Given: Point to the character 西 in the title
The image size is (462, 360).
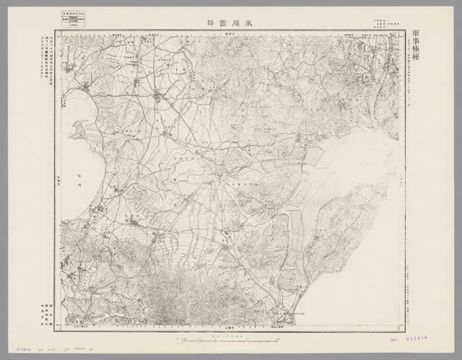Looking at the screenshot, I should tap(222, 22).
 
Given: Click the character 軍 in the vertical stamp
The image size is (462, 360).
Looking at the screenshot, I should tap(416, 35).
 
